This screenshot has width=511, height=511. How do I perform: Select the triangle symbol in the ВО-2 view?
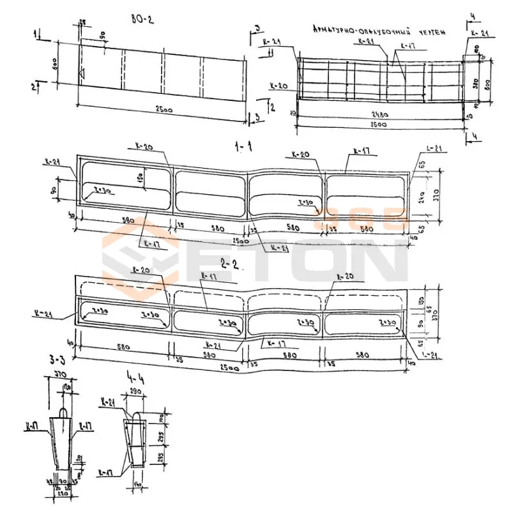[81, 75]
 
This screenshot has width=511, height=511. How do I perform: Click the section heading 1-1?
[243, 147]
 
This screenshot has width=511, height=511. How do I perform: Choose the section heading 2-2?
[228, 263]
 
